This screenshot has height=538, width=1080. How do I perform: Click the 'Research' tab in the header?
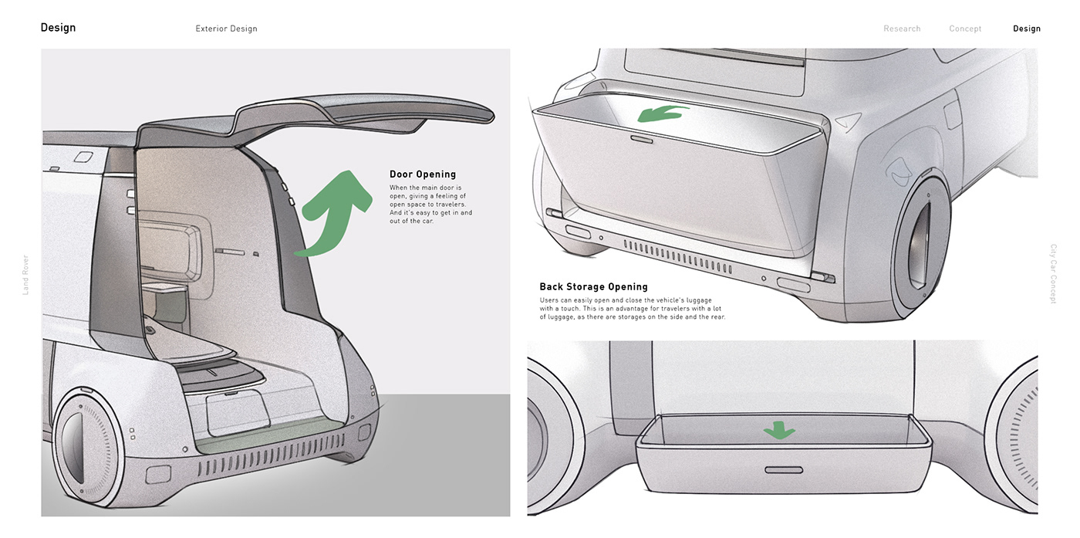902,29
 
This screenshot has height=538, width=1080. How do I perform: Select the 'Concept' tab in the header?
965,29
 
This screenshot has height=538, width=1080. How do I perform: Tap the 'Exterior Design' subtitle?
226,29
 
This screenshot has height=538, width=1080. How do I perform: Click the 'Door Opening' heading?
423,174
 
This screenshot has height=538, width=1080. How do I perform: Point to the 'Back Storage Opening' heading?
593,286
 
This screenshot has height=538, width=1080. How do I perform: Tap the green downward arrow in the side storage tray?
779,430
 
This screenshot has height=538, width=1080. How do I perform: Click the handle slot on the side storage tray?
784,470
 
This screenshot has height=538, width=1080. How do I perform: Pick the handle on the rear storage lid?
642,140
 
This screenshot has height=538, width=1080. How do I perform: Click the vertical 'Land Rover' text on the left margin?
25,275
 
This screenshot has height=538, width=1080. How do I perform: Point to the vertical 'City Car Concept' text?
1054,273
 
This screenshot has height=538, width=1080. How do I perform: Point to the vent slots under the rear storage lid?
677,255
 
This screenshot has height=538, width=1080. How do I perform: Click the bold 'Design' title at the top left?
58,28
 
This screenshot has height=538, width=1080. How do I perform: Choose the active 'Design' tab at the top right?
1027,29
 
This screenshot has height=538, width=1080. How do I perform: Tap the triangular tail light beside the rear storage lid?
849,121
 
